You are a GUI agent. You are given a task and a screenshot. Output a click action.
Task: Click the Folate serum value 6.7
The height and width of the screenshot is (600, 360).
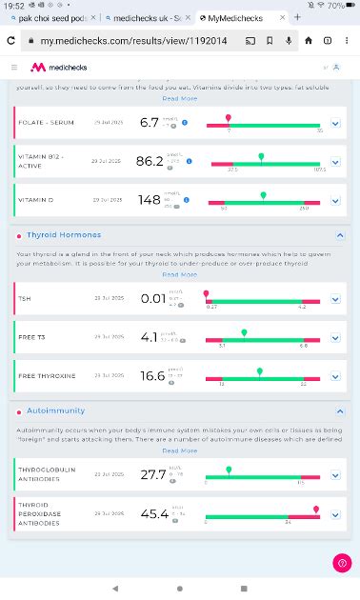[x=149, y=123]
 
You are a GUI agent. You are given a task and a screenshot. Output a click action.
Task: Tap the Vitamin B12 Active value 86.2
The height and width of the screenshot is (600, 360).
[x=150, y=162]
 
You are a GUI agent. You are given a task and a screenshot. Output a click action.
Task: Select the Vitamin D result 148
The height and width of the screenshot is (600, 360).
[x=149, y=200]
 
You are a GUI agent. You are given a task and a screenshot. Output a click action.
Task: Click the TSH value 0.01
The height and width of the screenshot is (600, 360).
[x=152, y=298]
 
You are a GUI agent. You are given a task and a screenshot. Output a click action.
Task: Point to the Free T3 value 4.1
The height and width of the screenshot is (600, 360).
[x=149, y=337]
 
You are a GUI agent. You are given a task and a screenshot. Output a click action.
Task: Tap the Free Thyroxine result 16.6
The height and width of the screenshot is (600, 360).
[x=152, y=376]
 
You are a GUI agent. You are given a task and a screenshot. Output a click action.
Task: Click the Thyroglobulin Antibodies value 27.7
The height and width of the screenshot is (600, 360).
[x=152, y=474]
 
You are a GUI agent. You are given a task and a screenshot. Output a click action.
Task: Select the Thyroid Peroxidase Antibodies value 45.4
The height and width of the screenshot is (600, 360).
[x=152, y=513]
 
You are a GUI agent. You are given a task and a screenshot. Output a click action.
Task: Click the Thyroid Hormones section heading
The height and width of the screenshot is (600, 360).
[x=63, y=234]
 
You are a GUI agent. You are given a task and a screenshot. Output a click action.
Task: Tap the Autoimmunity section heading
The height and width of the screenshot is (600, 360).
[x=55, y=410]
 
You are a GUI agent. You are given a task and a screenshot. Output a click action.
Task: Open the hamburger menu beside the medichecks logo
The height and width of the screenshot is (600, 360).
[x=14, y=68]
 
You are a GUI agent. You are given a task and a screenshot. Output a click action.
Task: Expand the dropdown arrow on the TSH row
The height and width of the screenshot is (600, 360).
[x=335, y=299]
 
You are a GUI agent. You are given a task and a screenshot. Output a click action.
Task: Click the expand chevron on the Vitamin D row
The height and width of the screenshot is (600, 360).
[x=335, y=201]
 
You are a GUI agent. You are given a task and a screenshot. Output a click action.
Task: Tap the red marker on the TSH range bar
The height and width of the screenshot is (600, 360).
[x=207, y=294]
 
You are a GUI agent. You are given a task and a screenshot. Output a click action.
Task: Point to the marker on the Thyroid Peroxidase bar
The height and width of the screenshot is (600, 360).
[x=316, y=510]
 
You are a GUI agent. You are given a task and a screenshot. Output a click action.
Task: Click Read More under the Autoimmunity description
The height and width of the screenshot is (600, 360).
[x=180, y=450]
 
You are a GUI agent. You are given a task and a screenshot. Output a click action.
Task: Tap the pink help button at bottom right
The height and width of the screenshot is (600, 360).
[x=342, y=564]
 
